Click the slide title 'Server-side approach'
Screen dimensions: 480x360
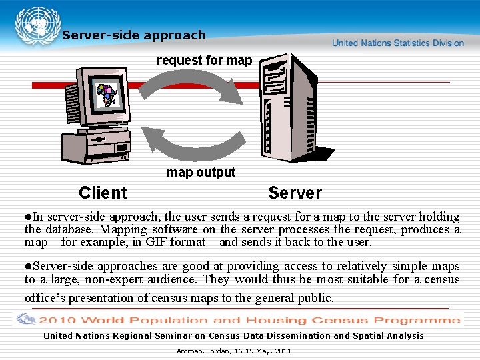134,35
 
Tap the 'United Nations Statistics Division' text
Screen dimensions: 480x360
397,43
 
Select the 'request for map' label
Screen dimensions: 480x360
204,61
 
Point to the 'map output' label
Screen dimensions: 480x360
201,172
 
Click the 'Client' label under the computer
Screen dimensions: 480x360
103,193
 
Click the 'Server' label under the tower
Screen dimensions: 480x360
295,193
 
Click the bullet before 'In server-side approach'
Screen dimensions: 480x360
27,217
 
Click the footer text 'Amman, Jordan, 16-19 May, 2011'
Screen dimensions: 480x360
233,351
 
